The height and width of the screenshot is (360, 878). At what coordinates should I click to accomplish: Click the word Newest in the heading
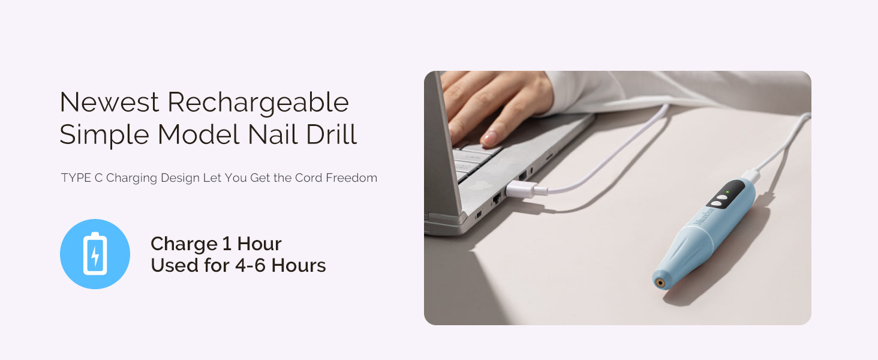tap(109, 102)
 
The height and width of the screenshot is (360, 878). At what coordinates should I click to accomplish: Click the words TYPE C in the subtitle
tap(82, 178)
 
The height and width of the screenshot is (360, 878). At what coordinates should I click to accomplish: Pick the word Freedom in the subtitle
tap(351, 178)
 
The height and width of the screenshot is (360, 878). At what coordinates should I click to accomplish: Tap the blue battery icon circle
tap(95, 254)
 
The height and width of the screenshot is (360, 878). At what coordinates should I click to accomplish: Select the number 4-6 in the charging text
tap(251, 265)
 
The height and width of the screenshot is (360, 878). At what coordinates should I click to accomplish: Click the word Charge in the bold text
tap(184, 244)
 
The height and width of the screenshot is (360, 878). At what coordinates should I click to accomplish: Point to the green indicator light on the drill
tap(727, 192)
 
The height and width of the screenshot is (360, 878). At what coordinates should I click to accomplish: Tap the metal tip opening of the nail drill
tap(660, 283)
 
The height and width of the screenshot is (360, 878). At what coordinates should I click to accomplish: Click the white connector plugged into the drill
tap(751, 175)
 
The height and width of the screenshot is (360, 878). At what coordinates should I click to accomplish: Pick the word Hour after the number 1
tap(259, 244)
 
